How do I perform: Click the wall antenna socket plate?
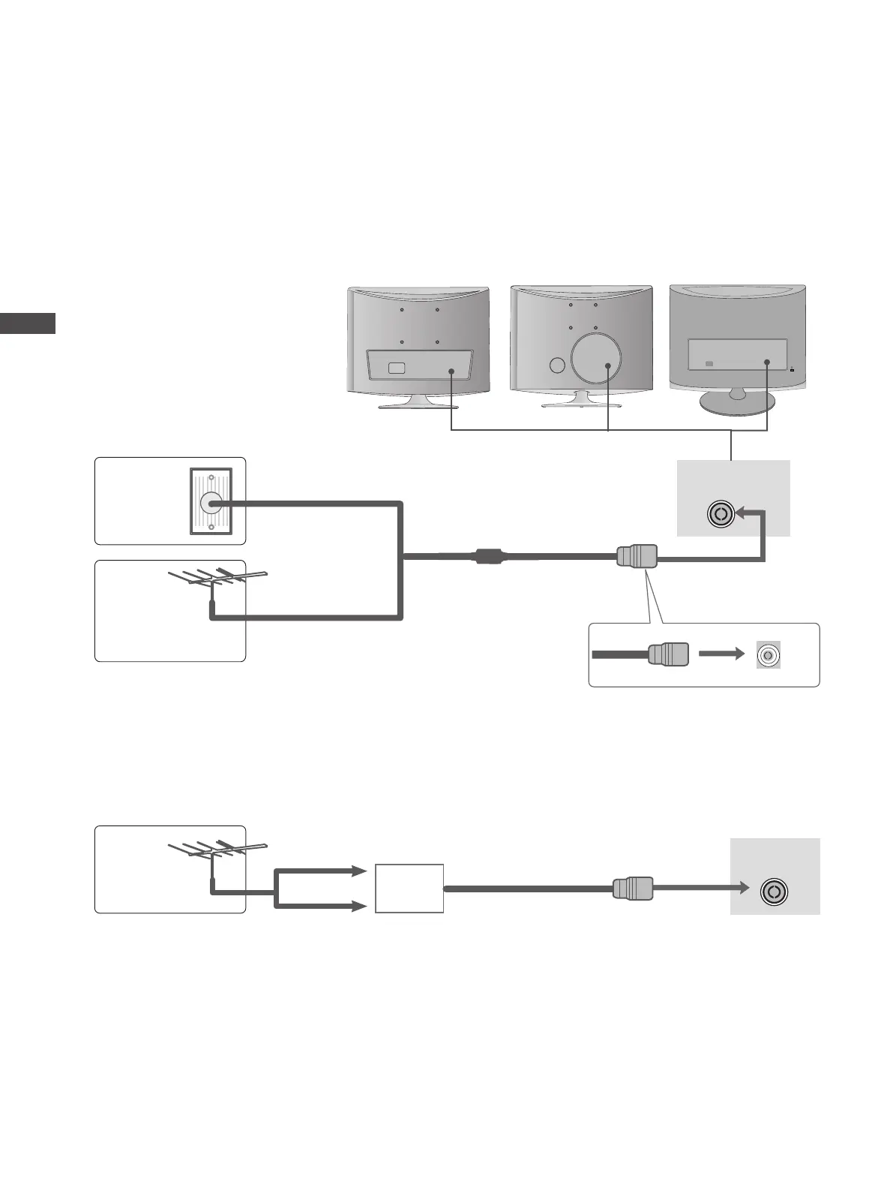coord(211,501)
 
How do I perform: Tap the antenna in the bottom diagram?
coord(216,850)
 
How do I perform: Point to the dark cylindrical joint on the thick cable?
coord(489,557)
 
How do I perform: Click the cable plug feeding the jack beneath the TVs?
coord(637,557)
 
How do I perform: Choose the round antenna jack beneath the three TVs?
coord(721,514)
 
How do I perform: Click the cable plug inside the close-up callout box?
coord(668,654)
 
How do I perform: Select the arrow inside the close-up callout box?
coord(721,654)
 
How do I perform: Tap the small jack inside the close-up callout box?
coord(768,654)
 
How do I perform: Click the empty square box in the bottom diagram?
coord(409,888)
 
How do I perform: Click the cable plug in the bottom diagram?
coord(633,888)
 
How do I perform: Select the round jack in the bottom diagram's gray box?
coord(775,892)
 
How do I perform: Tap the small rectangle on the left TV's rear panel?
coord(397,368)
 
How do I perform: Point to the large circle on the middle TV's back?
coord(596,357)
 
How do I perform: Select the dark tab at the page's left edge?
coord(28,323)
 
